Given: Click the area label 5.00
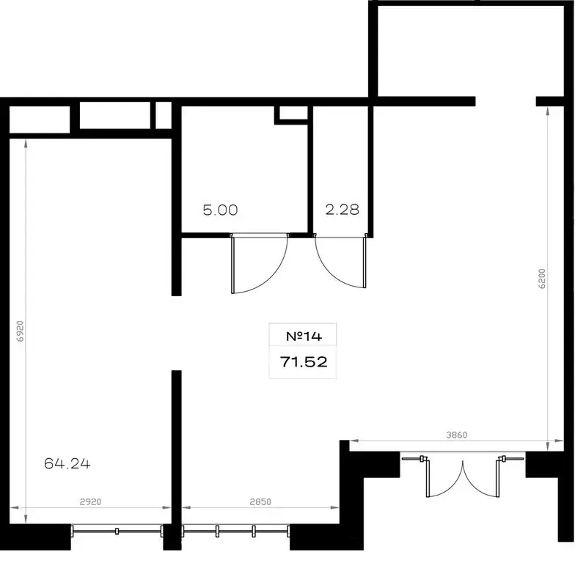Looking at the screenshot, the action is [220, 210].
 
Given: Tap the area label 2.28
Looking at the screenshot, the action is [342, 210].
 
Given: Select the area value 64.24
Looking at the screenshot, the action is [67, 463].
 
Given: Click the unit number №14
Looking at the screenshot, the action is [304, 336].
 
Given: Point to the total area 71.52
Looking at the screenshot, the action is [304, 362].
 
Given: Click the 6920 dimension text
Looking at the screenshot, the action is [21, 331].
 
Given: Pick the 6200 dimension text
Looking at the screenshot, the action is [543, 279].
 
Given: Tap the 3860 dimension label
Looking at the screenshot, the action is [456, 435].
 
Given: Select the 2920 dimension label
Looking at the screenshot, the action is [91, 501].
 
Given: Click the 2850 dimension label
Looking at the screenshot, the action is [260, 501].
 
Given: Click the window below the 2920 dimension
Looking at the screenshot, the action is [117, 531].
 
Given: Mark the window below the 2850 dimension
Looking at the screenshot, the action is [235, 531].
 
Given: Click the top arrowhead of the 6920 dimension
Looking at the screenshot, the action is [26, 143].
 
